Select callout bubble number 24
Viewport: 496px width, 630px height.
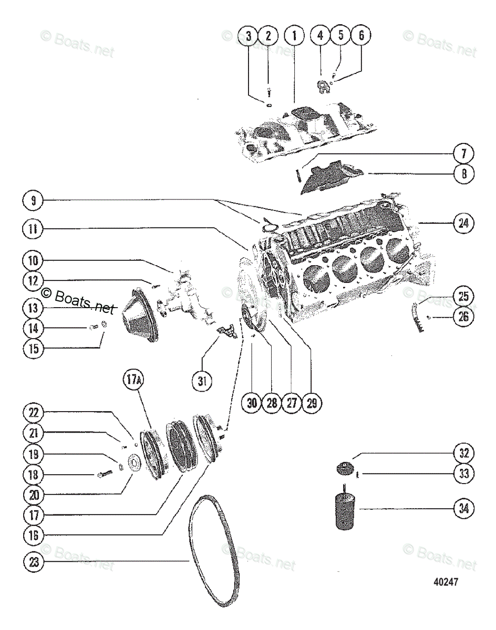point(464,224)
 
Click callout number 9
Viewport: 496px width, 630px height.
point(33,200)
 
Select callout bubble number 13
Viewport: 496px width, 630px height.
point(33,309)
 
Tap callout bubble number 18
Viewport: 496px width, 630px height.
point(33,475)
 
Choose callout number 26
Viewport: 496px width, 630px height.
point(464,316)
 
